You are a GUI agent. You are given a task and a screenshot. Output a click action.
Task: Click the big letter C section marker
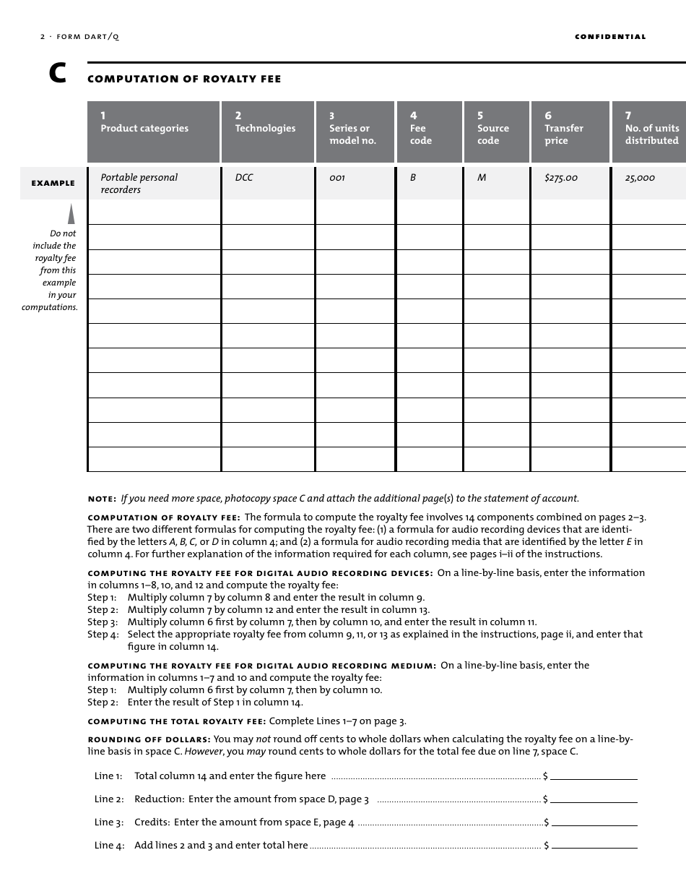(x=58, y=74)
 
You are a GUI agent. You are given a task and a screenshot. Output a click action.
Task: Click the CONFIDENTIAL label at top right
(x=610, y=37)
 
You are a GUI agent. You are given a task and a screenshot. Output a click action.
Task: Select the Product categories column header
(x=153, y=131)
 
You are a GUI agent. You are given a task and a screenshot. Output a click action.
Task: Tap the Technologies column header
(x=268, y=131)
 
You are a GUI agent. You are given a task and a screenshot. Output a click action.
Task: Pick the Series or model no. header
(x=355, y=131)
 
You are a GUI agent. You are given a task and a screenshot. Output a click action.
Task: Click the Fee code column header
(x=429, y=131)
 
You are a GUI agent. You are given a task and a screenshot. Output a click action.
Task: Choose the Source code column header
(x=498, y=131)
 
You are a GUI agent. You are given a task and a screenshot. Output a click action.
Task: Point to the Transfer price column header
(x=570, y=131)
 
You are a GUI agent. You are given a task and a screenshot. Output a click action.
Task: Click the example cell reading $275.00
(x=561, y=178)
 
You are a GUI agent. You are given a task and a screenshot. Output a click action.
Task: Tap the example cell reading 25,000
(x=640, y=178)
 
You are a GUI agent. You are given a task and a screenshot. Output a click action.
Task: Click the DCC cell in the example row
(x=244, y=178)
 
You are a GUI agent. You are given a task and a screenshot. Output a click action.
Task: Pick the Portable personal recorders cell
(x=139, y=184)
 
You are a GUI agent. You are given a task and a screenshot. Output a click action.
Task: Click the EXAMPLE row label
(x=53, y=184)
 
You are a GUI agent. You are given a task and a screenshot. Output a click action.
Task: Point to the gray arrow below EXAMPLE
(x=71, y=214)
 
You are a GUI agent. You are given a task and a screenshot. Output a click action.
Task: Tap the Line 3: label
(x=109, y=823)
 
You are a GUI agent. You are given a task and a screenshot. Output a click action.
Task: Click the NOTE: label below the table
(x=102, y=499)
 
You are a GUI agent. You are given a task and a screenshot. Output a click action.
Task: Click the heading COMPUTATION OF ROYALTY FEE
(x=184, y=79)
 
